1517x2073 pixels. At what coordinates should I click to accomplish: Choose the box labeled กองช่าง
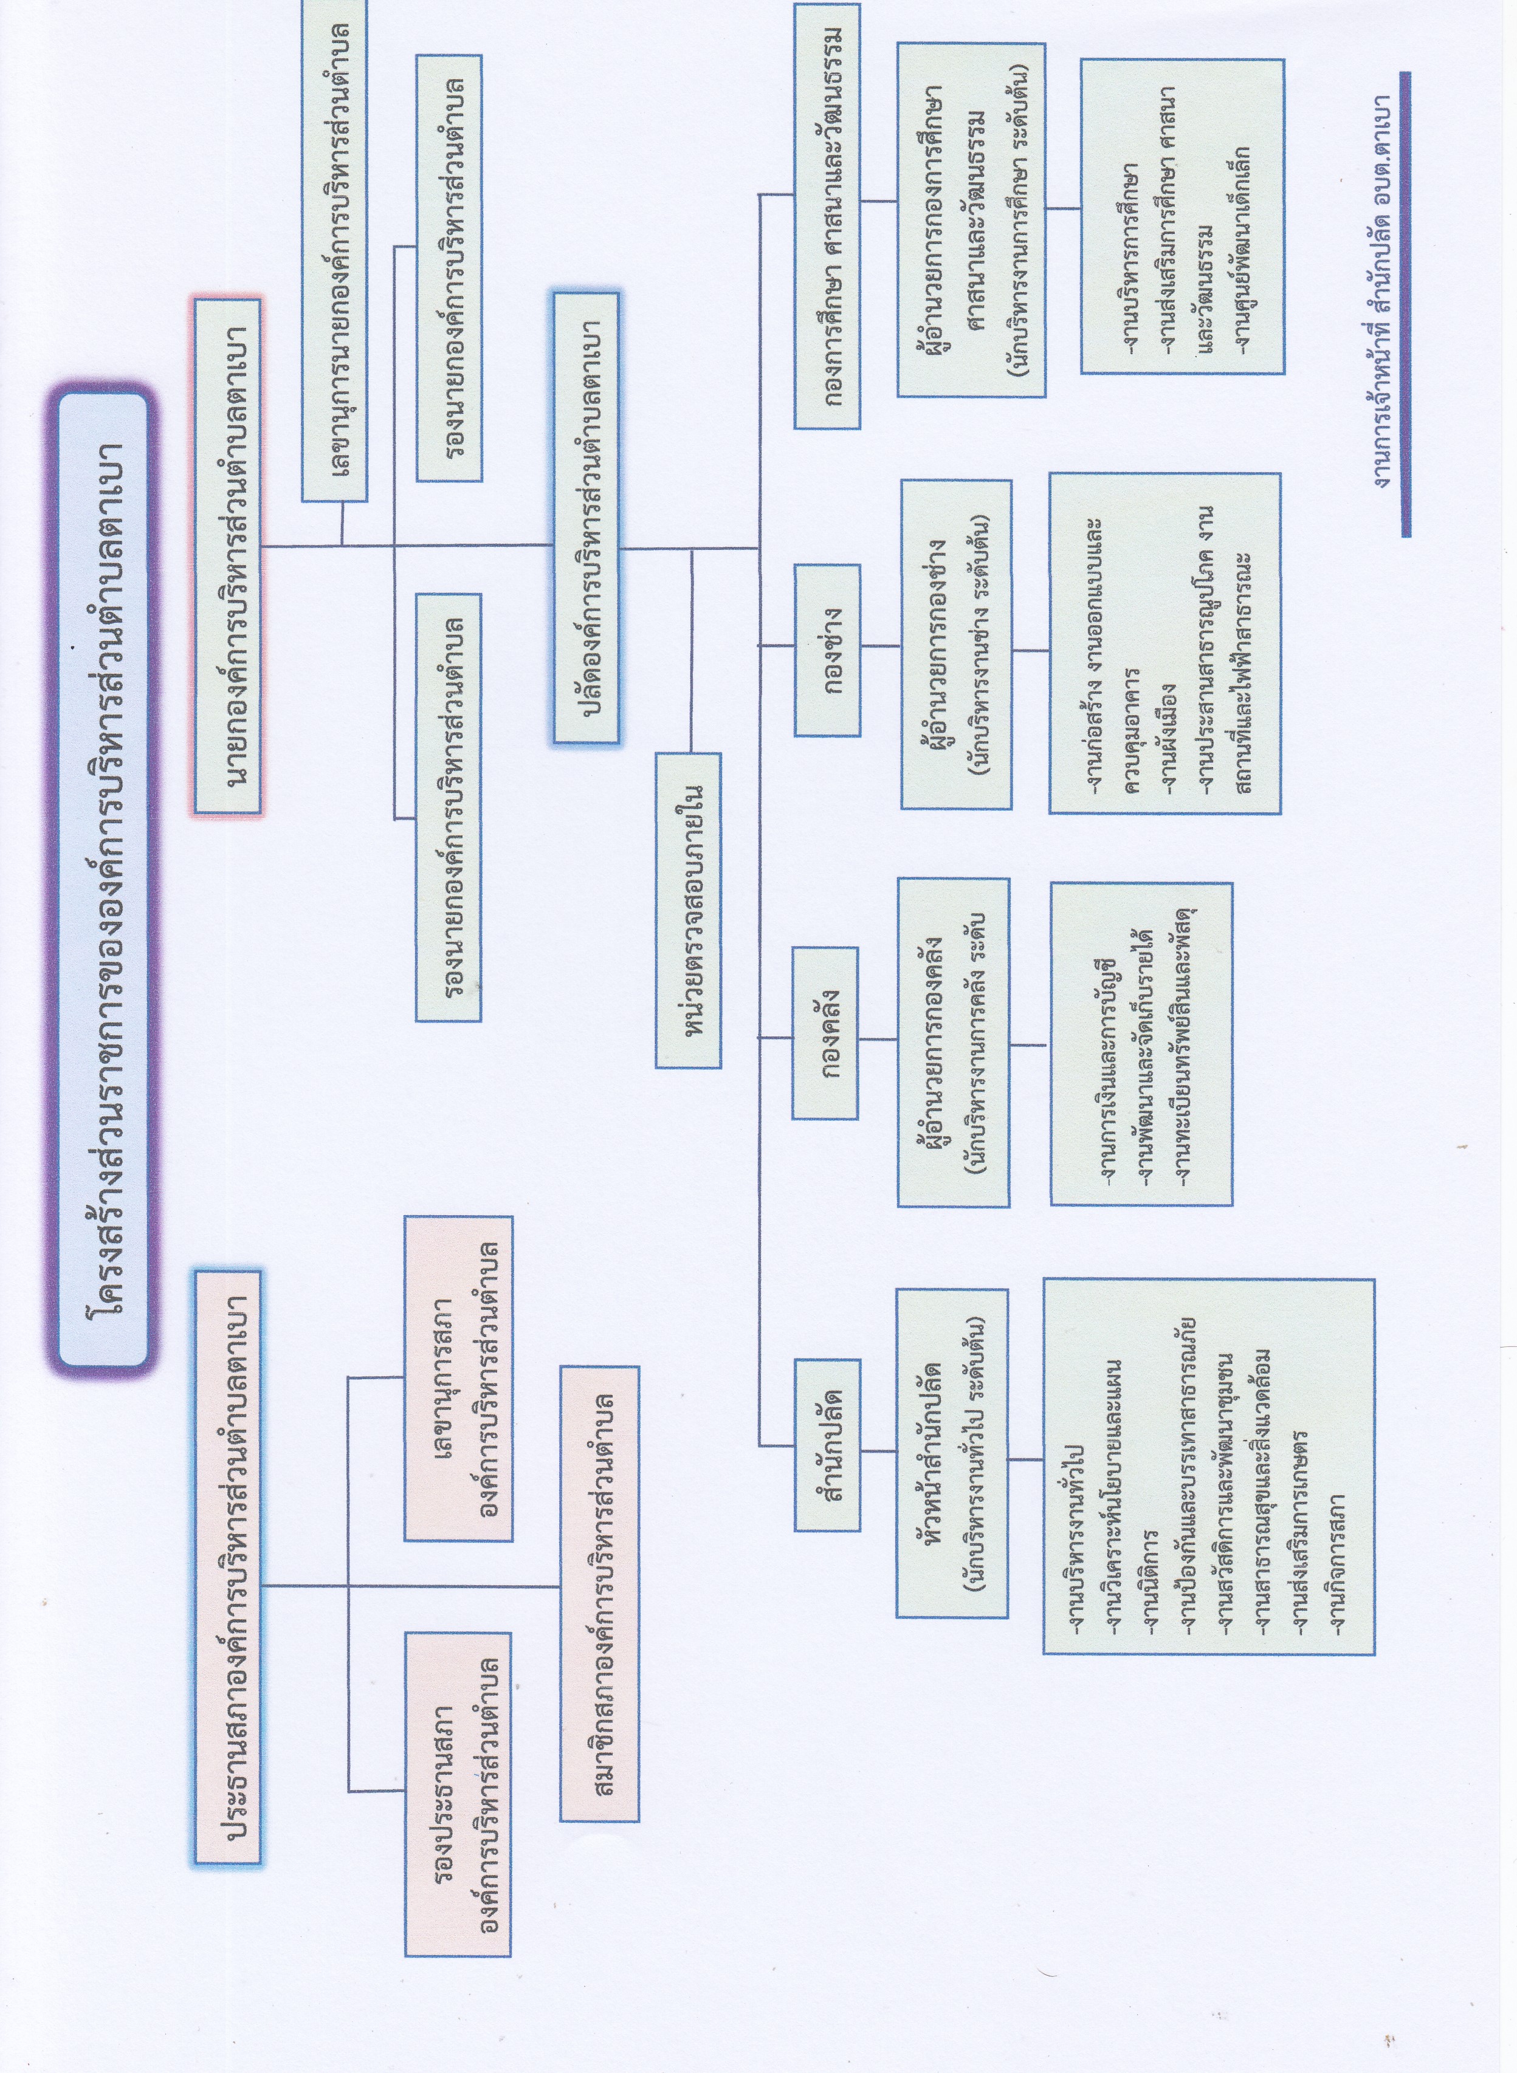click(x=827, y=650)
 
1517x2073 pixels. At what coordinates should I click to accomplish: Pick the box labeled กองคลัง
click(x=825, y=1033)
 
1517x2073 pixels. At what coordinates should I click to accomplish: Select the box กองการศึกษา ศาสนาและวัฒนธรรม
click(x=827, y=217)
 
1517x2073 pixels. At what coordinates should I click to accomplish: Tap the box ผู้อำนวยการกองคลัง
click(x=952, y=1042)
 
